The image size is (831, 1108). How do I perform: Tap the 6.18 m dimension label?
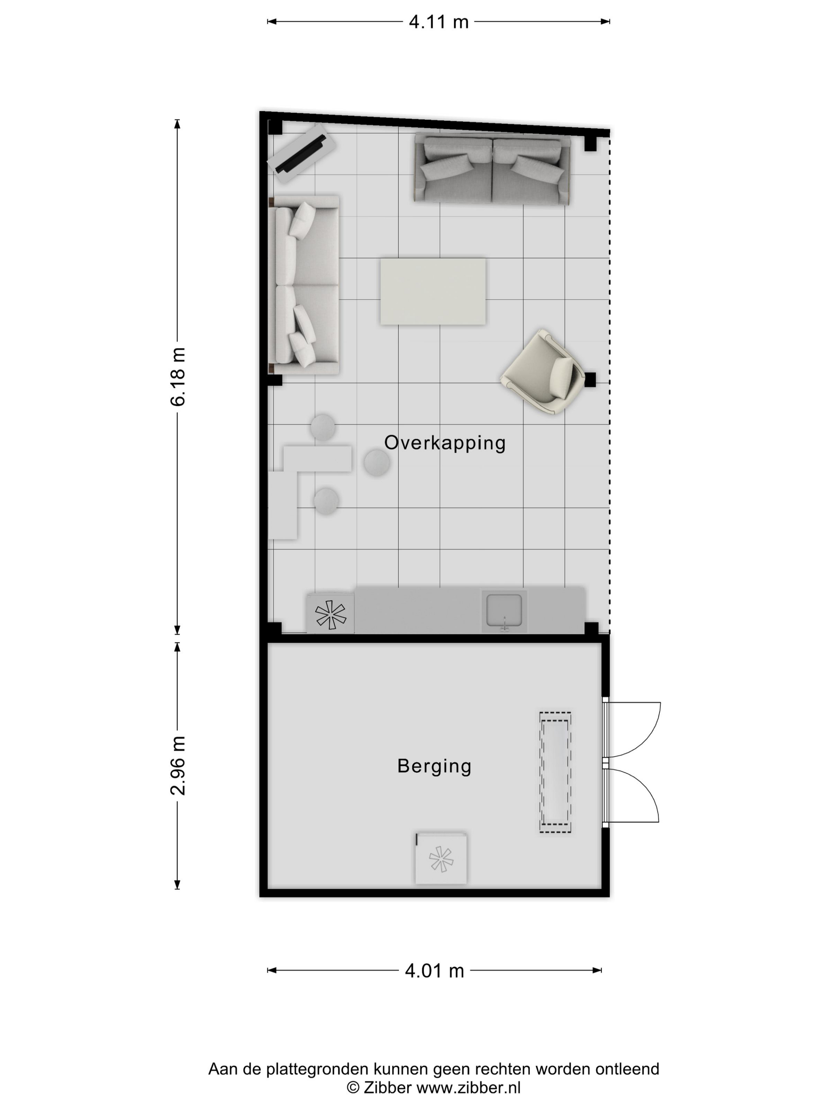click(178, 376)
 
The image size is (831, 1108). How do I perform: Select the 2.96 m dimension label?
click(178, 765)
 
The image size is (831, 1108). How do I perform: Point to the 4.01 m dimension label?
click(434, 971)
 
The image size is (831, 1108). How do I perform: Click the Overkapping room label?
click(445, 443)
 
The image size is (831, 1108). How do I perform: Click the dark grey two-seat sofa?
click(492, 169)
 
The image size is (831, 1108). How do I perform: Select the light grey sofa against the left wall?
click(304, 285)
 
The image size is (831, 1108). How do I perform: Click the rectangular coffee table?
click(433, 291)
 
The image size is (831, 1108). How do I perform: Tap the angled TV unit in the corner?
click(302, 154)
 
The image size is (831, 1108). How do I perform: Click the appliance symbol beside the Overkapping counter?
click(330, 614)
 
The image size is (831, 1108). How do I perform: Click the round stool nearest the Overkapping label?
click(377, 462)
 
